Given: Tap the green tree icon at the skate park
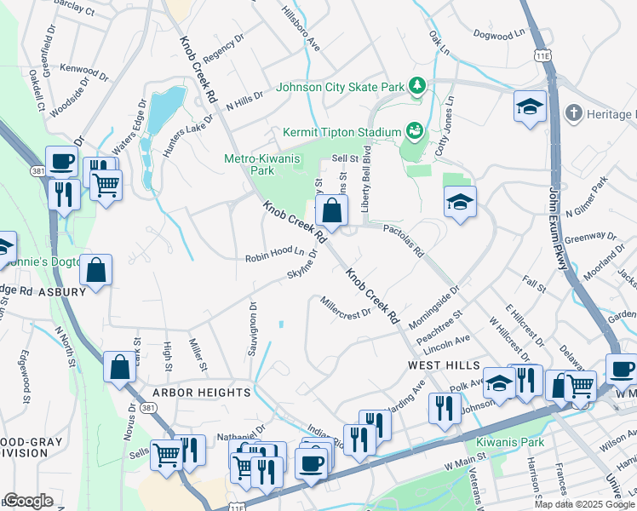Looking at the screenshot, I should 417,85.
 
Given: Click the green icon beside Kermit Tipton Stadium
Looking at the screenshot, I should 415,131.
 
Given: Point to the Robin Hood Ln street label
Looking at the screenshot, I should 274,255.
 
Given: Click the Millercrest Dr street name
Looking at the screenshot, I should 346,306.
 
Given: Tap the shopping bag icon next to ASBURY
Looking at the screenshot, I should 98,271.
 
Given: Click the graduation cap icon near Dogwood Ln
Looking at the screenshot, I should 530,106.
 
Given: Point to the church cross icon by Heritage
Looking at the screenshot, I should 574,113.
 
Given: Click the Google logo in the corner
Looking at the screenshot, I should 28,501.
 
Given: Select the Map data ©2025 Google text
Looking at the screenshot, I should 583,504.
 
